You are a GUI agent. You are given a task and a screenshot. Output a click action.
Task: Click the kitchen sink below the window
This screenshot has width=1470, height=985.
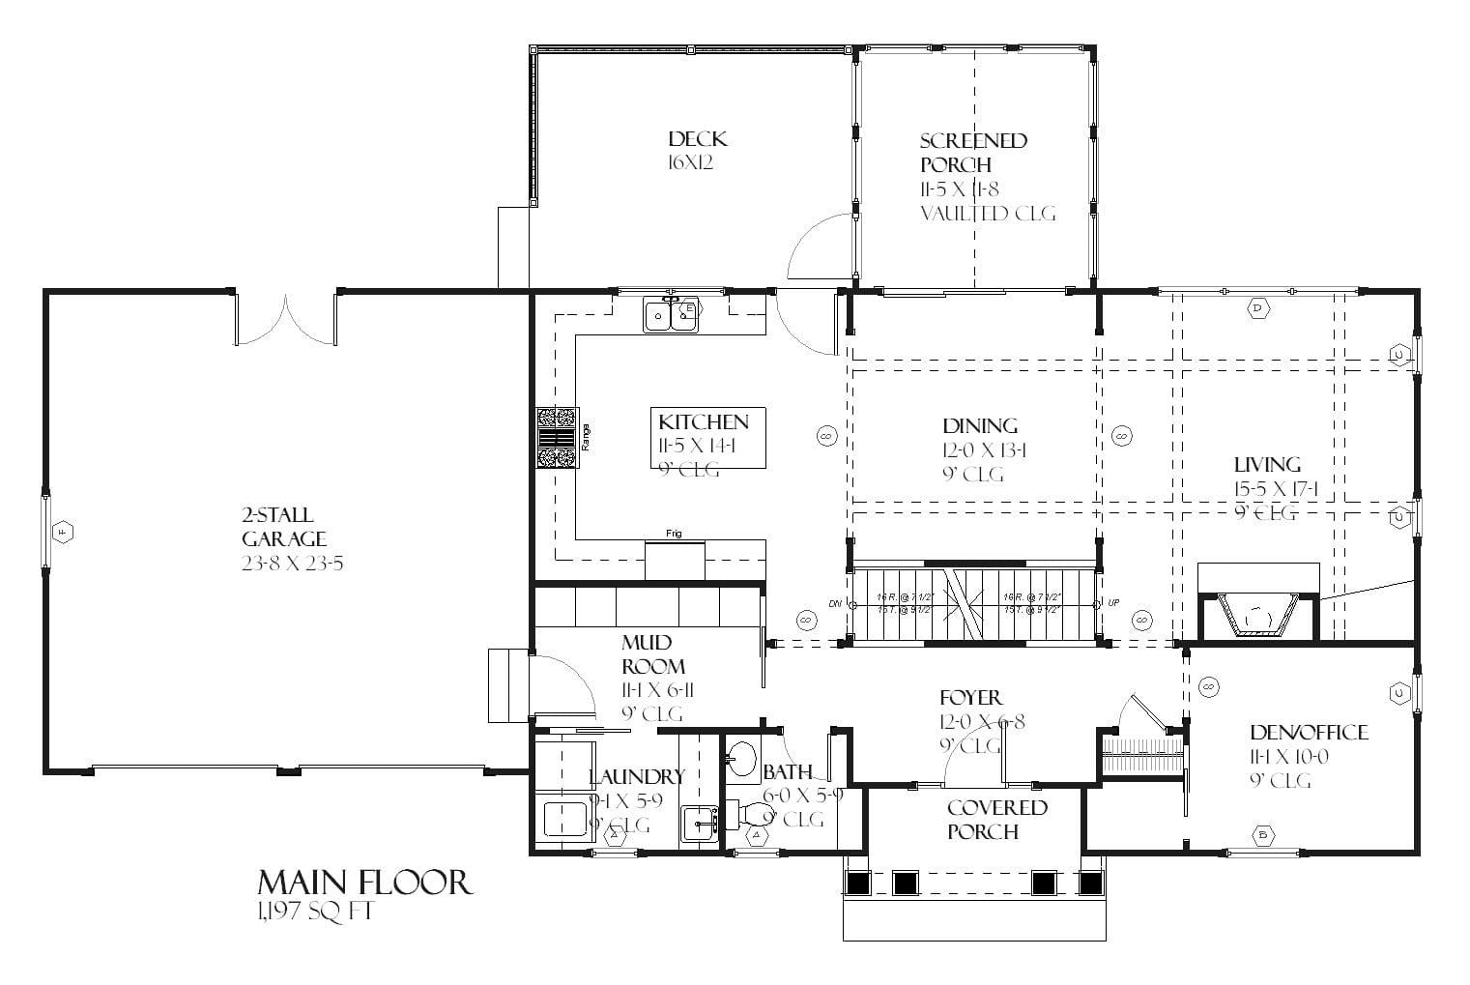(x=671, y=314)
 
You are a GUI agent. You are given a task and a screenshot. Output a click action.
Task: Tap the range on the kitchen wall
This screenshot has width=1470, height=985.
(x=558, y=438)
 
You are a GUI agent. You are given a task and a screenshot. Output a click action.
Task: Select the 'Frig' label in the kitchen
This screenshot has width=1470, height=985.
(x=674, y=534)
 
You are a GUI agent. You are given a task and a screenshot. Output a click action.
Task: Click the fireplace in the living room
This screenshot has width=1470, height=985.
(x=1257, y=616)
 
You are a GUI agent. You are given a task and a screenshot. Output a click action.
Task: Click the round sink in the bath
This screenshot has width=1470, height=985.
(x=742, y=757)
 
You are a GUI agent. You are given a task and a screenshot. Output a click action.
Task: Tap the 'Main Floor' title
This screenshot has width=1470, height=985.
(x=364, y=882)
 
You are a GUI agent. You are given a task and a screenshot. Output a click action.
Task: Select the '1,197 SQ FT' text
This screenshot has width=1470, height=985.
(x=314, y=911)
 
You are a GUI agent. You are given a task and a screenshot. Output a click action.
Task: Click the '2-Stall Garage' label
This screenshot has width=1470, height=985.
(x=283, y=527)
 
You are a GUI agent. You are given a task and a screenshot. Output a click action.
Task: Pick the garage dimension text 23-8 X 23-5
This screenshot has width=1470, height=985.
(x=292, y=563)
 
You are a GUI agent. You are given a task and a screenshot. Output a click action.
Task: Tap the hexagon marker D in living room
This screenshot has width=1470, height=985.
(x=1257, y=308)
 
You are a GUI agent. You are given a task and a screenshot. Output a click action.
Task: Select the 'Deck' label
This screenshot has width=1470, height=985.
(x=697, y=139)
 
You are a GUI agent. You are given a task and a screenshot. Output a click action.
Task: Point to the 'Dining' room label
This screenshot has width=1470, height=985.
(x=979, y=425)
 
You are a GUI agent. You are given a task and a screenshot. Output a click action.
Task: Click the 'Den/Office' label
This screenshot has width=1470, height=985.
(x=1308, y=732)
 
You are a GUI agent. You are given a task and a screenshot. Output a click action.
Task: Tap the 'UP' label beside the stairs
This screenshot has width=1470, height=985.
(x=1113, y=603)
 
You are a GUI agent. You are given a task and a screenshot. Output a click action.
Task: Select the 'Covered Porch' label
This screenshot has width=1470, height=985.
(x=995, y=819)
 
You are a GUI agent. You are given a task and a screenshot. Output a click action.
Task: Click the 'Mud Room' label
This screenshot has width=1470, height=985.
(x=652, y=654)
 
